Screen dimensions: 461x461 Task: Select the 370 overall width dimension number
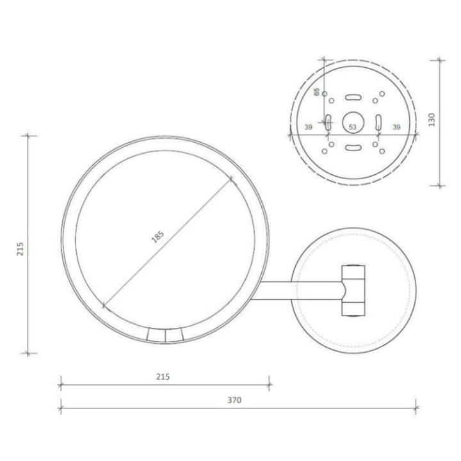coord(234,400)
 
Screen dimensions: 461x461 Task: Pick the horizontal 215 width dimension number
coord(163,377)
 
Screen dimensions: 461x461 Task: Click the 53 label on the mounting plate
coord(352,127)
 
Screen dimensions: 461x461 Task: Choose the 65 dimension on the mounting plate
coord(316,92)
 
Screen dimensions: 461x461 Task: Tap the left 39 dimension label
coord(308,127)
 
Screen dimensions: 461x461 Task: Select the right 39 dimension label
coord(396,127)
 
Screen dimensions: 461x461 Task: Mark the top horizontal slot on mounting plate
coord(352,97)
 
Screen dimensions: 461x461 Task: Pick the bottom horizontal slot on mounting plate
coord(352,147)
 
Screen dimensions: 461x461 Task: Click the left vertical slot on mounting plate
coord(328,122)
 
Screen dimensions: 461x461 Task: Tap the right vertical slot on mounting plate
coord(377,122)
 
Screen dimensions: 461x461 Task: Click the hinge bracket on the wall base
coord(353,290)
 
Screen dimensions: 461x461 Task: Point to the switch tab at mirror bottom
coord(165,334)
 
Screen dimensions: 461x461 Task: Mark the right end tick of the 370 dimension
coord(416,407)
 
